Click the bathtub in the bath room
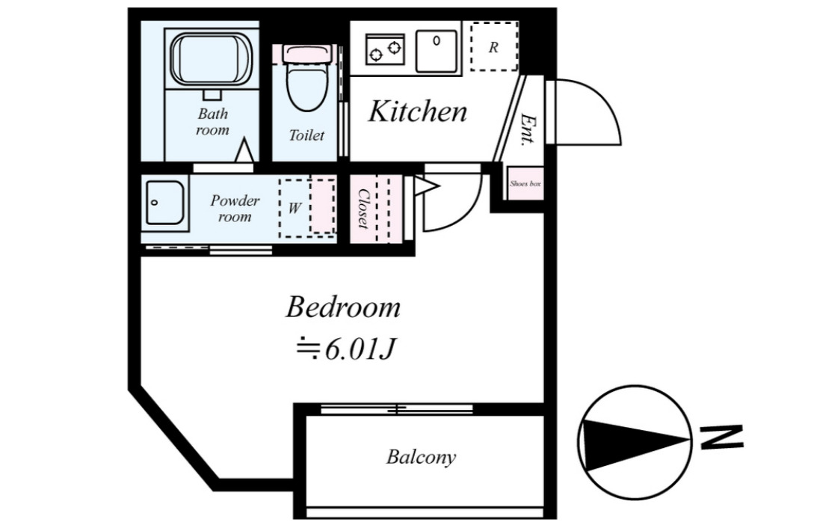tap(211, 60)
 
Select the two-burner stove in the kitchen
tap(385, 50)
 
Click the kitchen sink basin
tap(436, 51)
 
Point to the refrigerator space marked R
tap(494, 47)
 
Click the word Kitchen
tap(418, 111)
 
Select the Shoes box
tap(525, 183)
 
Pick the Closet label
tap(363, 208)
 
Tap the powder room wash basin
tap(164, 203)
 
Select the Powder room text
tap(235, 209)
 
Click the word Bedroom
tap(343, 307)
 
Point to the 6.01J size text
tap(360, 350)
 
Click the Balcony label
tap(421, 457)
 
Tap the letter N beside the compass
tap(721, 438)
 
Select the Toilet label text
tap(306, 135)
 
